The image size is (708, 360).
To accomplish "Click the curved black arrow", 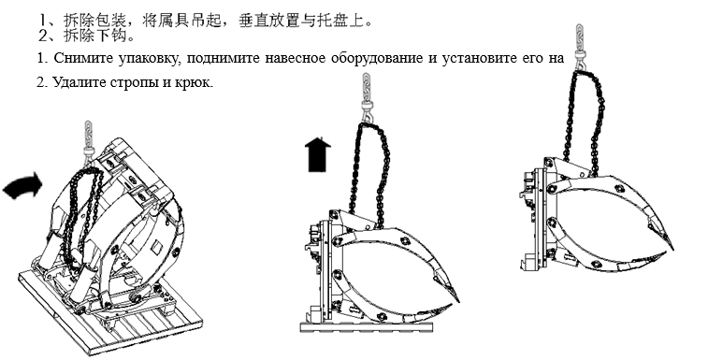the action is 23,186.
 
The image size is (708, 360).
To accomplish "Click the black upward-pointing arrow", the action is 318,155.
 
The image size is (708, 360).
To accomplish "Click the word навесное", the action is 296,58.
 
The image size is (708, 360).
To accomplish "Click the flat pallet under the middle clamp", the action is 367,326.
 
